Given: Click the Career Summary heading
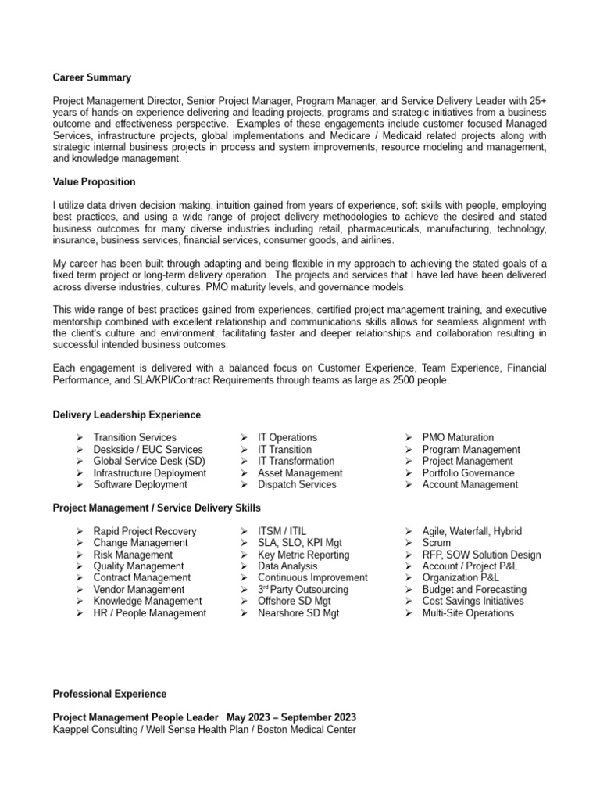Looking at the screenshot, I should coord(91,77).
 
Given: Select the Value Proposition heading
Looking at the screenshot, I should coord(94,181).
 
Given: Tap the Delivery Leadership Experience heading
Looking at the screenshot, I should coord(127,415).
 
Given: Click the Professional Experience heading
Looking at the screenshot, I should coord(109,694).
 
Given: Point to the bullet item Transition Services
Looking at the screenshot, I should coord(134,438).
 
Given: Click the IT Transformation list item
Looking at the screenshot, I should coord(296,462).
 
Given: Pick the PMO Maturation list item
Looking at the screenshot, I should coord(458,438).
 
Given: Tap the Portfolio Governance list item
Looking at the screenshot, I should coord(468,473).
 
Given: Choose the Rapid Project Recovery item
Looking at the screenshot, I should coord(145,531).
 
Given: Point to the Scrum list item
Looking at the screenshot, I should coord(437,543).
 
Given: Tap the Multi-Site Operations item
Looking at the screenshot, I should coord(468,613).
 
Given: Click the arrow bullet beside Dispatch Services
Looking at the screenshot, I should coord(245,485).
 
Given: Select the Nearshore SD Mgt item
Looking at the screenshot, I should coord(298,613).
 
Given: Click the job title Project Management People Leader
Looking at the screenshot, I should coord(136,717).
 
